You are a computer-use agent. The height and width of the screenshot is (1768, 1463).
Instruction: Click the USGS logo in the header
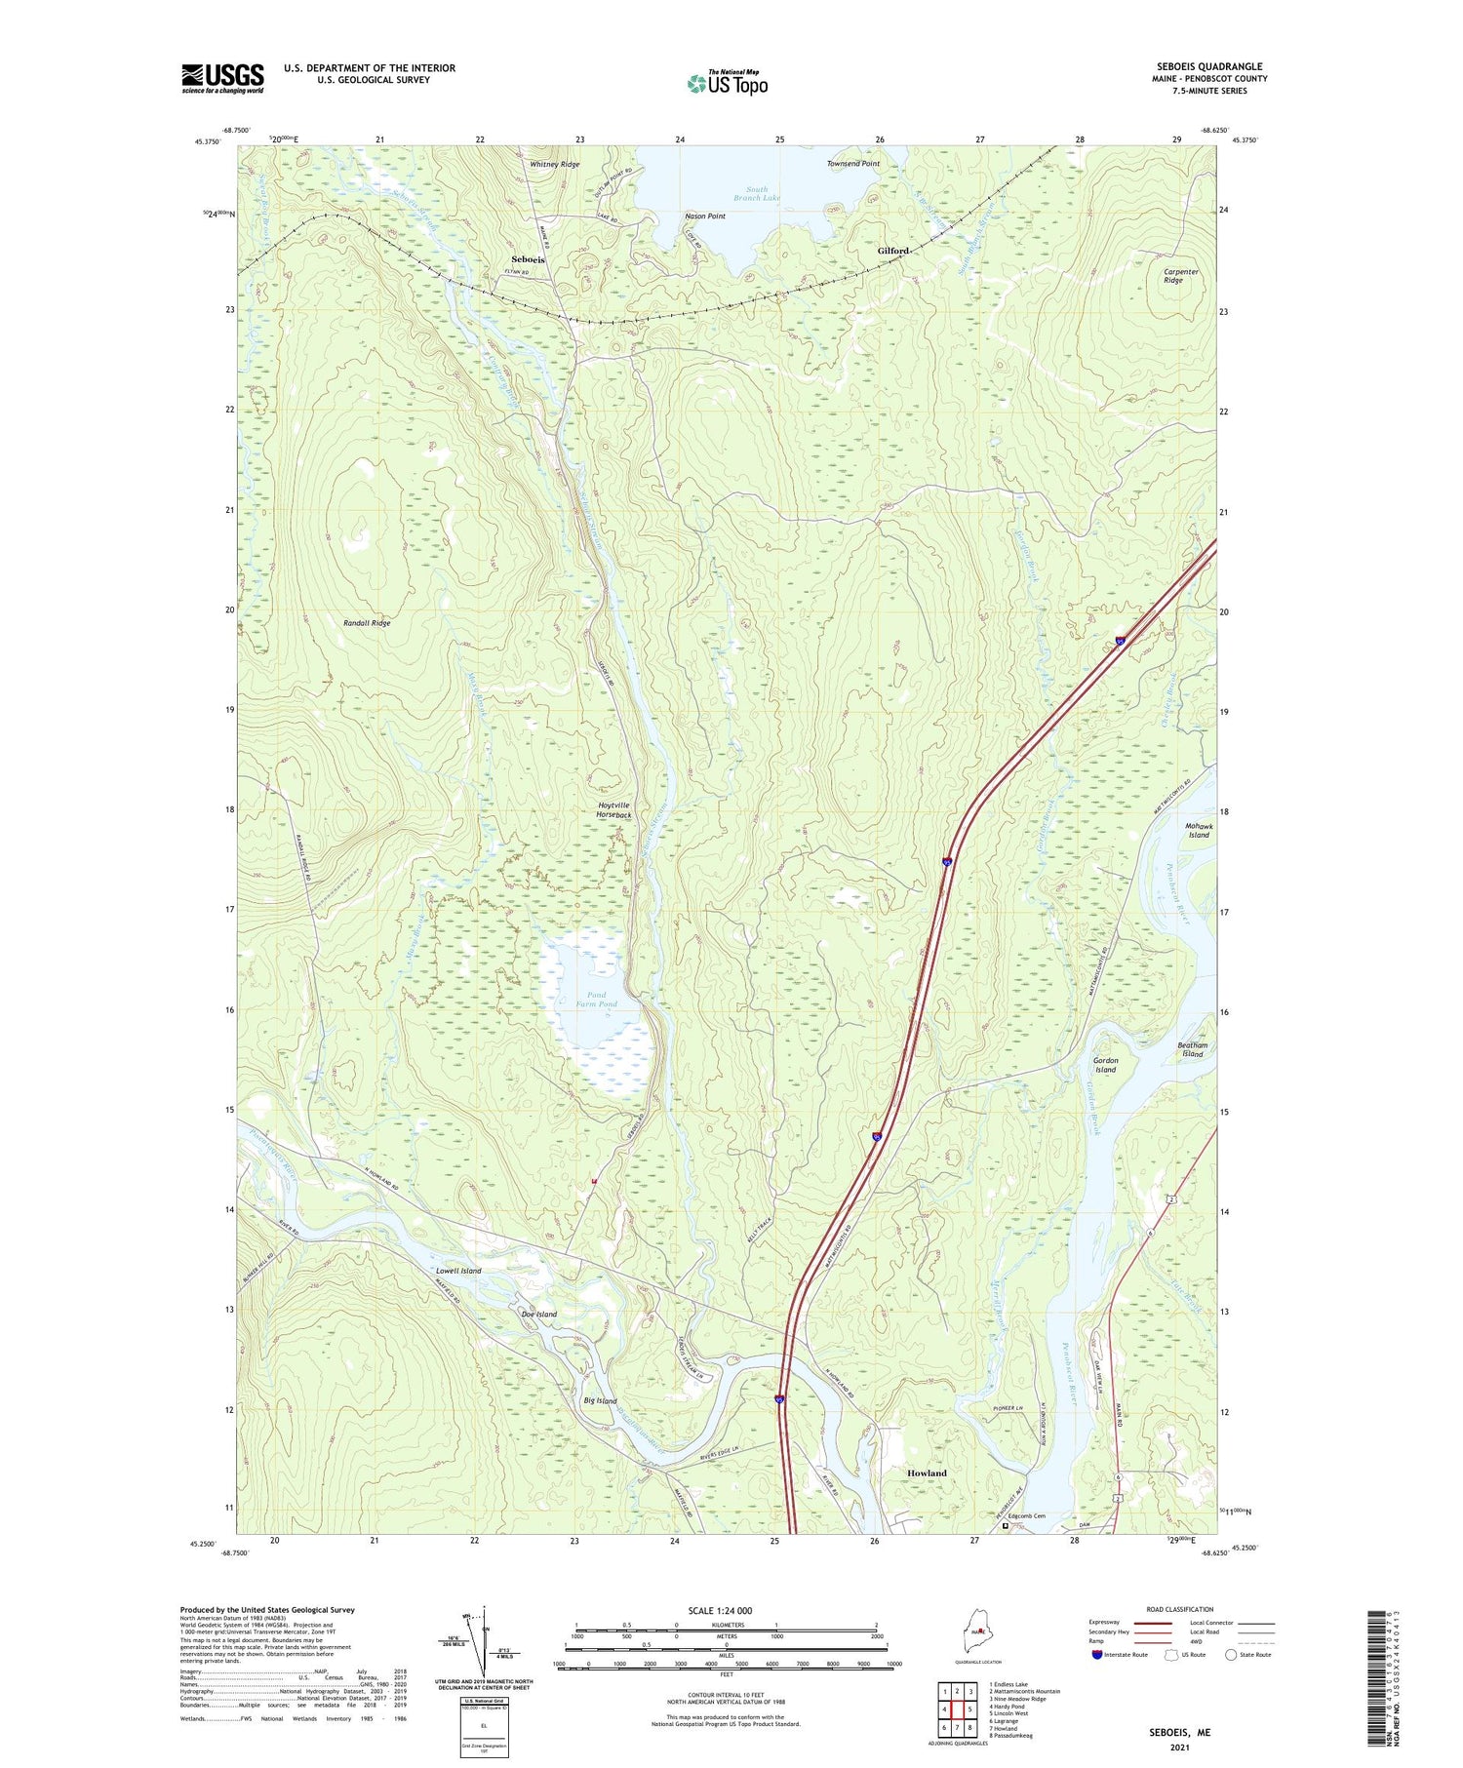click(x=222, y=78)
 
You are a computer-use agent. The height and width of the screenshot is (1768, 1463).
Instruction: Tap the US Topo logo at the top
click(x=727, y=83)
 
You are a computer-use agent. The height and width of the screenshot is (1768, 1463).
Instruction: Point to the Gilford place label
click(x=892, y=251)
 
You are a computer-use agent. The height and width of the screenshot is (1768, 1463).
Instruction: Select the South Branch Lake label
click(x=757, y=194)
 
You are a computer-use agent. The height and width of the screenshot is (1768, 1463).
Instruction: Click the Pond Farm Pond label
click(x=596, y=1000)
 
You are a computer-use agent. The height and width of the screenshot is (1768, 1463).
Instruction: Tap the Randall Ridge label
click(x=367, y=622)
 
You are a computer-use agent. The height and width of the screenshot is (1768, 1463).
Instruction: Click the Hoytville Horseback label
click(x=614, y=809)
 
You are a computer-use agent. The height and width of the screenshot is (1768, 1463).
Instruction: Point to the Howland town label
click(x=927, y=1473)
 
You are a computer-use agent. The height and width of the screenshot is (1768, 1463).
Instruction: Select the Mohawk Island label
click(x=1199, y=830)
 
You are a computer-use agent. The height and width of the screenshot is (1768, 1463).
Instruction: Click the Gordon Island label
click(x=1105, y=1065)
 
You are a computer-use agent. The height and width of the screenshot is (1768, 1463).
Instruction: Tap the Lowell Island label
click(x=458, y=1271)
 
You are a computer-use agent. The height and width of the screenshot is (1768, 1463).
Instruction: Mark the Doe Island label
click(x=539, y=1314)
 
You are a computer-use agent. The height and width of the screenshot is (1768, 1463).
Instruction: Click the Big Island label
click(x=600, y=1400)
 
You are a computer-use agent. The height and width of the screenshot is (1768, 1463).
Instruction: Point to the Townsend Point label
click(x=852, y=164)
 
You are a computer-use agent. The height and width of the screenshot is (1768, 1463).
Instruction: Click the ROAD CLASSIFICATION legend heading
click(x=1180, y=1609)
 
